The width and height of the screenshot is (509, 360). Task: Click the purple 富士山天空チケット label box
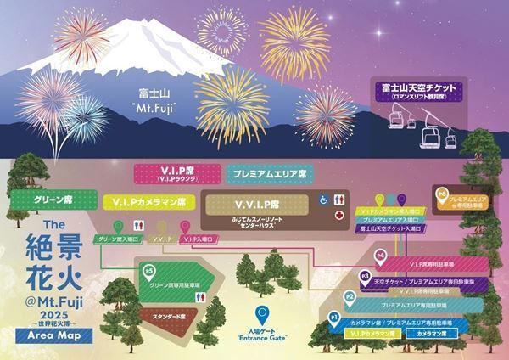click(416, 90)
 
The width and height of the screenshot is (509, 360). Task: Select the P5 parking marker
click(150, 272)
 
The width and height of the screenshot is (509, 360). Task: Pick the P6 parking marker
click(441, 194)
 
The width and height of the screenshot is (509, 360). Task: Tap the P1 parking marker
click(334, 318)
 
